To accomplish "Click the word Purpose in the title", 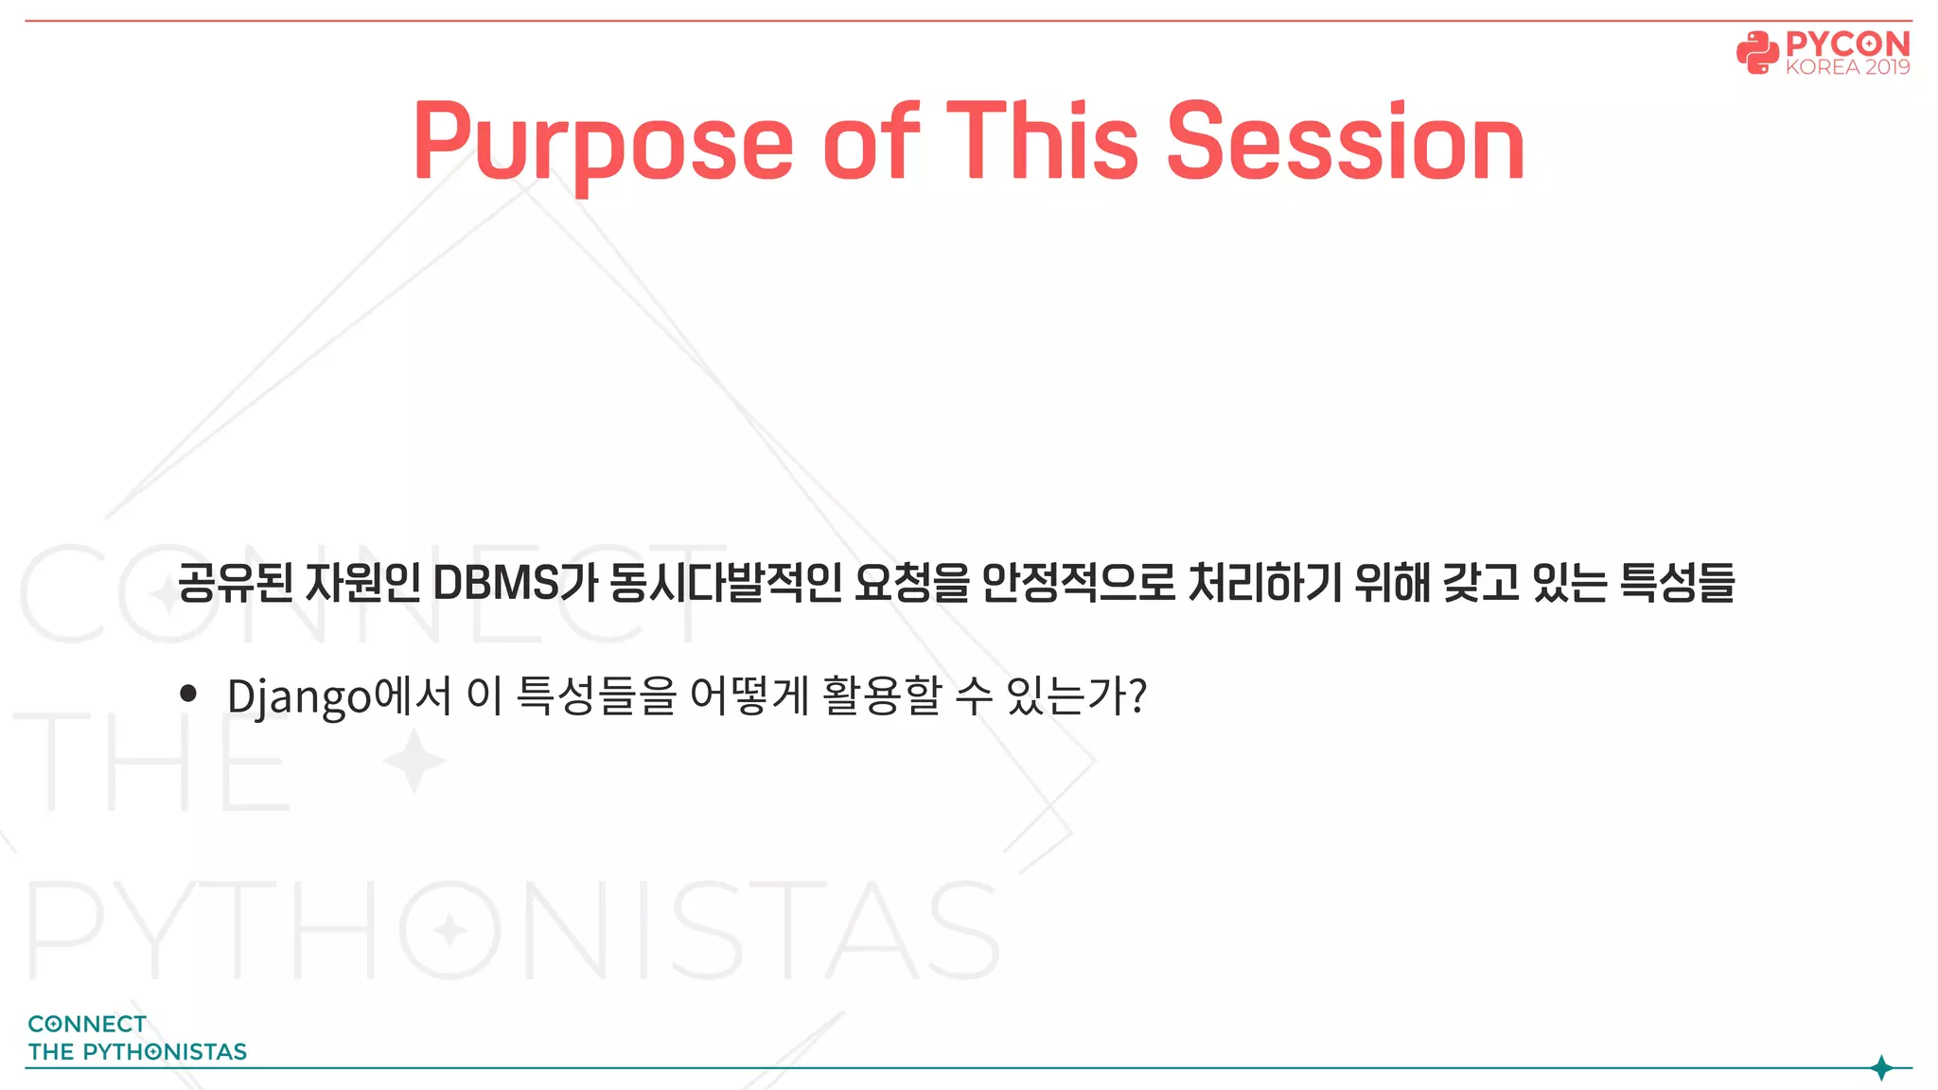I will (x=603, y=142).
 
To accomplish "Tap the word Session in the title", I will (x=1345, y=142).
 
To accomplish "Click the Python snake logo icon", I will (x=1757, y=53).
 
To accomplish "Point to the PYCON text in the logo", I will (x=1847, y=44).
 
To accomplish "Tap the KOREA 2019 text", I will (x=1847, y=67).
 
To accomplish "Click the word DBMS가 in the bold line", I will (x=515, y=583).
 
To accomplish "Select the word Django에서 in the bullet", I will (x=339, y=696).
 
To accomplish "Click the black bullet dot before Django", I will (x=188, y=694).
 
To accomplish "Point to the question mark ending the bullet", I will (x=1138, y=696).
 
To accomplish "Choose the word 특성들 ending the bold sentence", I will (x=1677, y=583).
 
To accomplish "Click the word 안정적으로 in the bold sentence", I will (x=1078, y=583).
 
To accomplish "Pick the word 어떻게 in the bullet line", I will (x=749, y=696).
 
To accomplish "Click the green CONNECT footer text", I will (x=87, y=1024).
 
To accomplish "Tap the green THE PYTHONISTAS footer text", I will (x=137, y=1051).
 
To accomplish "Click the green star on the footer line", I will (x=1881, y=1068).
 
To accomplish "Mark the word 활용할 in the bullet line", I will (x=882, y=696).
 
